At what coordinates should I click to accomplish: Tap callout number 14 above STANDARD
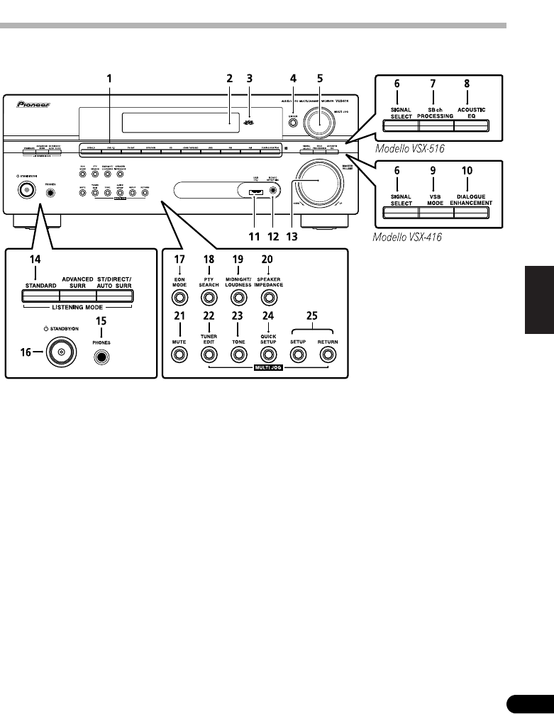(x=35, y=261)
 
